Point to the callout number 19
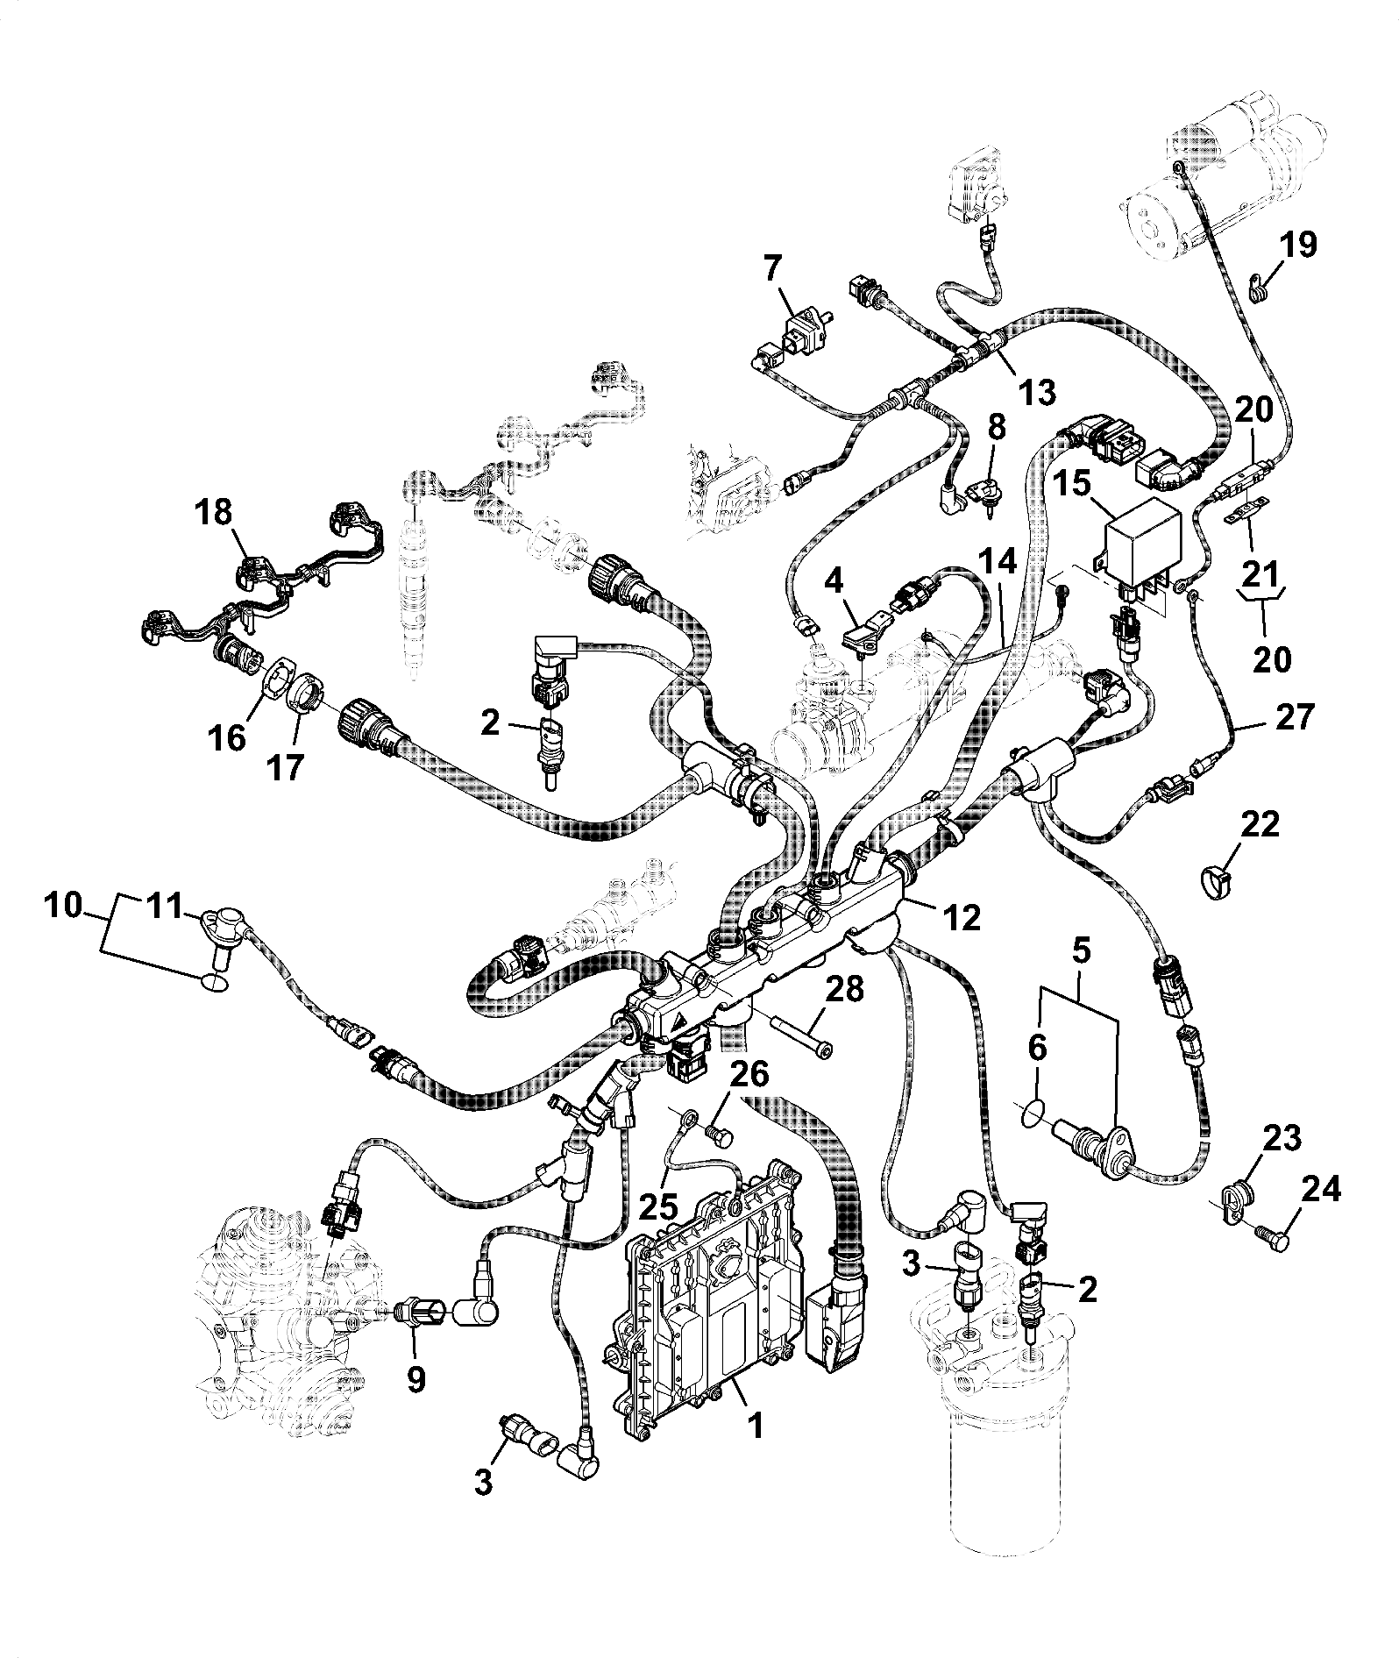click(1300, 245)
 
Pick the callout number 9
click(415, 1379)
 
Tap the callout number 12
click(961, 917)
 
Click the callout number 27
click(1295, 716)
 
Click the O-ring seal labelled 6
click(1035, 1115)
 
